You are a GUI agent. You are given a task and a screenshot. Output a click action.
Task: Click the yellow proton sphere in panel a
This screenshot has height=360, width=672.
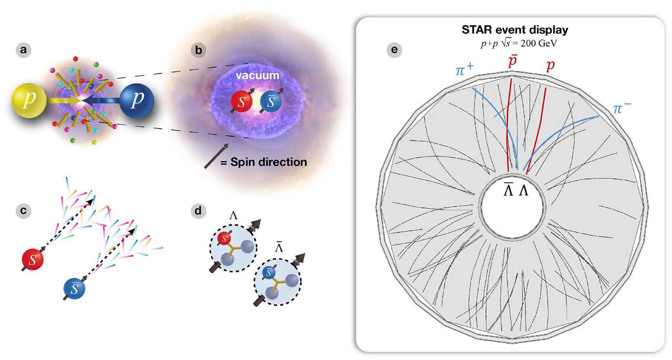29,100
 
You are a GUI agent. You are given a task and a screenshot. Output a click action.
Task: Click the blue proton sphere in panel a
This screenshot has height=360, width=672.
137,100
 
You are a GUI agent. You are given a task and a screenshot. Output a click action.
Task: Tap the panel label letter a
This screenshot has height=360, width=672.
23,50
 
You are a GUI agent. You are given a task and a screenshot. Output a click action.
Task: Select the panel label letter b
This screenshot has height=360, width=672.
198,50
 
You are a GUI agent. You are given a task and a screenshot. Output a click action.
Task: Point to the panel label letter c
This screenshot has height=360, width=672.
23,210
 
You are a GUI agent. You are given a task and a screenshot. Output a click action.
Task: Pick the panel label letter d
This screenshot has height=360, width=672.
198,211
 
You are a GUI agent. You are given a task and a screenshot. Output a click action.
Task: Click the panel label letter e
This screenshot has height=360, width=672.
394,50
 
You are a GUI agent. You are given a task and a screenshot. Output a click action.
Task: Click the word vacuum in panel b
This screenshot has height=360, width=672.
257,75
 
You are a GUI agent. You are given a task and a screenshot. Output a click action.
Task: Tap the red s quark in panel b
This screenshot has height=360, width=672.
241,101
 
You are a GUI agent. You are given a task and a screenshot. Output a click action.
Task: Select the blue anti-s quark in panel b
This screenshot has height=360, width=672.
271,101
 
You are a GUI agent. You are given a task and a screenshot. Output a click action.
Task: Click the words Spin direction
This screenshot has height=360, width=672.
268,162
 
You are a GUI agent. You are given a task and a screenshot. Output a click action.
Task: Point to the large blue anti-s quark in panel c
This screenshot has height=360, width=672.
74,288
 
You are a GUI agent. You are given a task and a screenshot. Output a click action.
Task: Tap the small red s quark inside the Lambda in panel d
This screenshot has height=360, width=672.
224,239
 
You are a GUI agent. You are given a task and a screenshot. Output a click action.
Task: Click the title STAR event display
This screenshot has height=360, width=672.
515,29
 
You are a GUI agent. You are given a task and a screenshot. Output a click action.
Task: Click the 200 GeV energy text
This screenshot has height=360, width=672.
538,44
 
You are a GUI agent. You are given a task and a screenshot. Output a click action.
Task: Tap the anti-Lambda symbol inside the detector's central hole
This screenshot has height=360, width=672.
508,189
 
